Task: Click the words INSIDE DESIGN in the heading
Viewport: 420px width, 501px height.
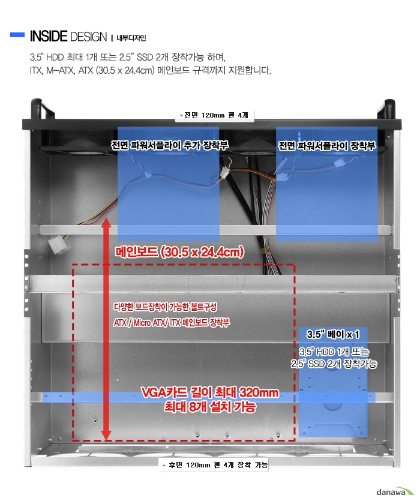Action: tap(68, 37)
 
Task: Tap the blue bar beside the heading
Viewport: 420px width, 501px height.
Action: tap(17, 35)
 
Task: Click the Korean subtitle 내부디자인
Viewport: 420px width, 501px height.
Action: tap(131, 38)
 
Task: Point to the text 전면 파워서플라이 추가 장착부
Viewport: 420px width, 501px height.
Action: tap(169, 145)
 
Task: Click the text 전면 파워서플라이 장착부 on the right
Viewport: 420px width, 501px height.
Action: tap(326, 146)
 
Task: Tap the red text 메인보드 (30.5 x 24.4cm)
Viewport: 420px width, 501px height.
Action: tap(179, 252)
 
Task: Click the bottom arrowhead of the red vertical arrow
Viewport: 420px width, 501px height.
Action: tap(106, 435)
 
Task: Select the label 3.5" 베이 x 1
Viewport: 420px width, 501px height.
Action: tap(333, 334)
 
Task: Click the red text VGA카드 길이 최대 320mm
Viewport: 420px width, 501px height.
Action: tap(209, 392)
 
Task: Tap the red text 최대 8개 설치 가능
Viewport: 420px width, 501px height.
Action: tap(210, 407)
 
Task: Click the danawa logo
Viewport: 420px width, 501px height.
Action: tap(395, 492)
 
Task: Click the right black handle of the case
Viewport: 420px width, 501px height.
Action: tap(388, 109)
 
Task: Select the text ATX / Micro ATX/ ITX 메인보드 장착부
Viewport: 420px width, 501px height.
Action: tap(172, 322)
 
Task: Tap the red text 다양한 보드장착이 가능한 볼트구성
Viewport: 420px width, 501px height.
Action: tap(165, 307)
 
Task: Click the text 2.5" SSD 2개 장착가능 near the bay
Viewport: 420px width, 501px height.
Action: tap(334, 364)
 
